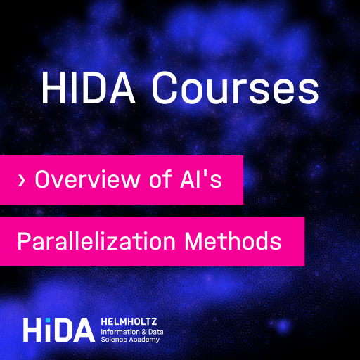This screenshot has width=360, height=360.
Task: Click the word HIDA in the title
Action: tap(89, 87)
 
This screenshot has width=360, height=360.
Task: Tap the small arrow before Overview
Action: tap(21, 181)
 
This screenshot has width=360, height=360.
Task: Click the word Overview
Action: tap(88, 179)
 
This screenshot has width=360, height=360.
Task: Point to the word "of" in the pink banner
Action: tap(161, 179)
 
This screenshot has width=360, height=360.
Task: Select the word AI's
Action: tap(201, 179)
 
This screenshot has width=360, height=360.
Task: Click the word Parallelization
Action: tap(96, 240)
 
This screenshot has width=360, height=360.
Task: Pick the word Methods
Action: tap(233, 240)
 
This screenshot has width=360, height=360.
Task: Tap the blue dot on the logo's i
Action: tap(48, 320)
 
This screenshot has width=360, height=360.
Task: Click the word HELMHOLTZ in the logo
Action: tap(129, 321)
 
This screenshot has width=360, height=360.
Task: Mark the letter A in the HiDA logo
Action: tap(82, 330)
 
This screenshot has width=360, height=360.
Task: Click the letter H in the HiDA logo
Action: tap(33, 330)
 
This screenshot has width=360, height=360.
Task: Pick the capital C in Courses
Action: tap(165, 87)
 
